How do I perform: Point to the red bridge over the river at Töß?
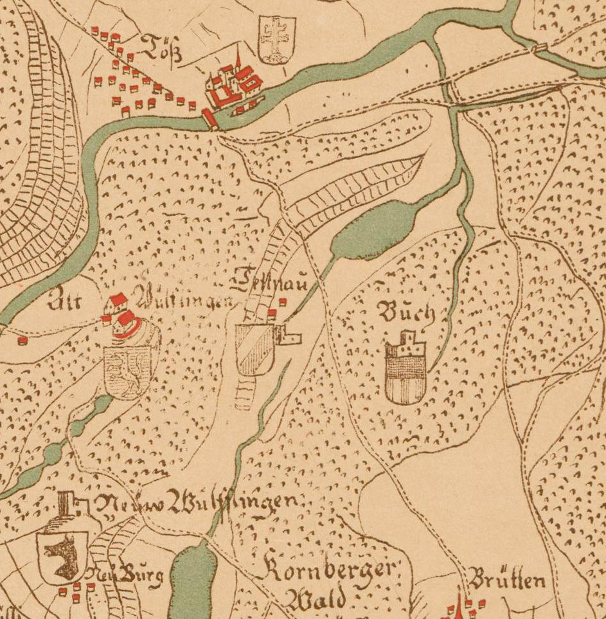tap(210, 120)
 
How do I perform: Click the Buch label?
tap(406, 313)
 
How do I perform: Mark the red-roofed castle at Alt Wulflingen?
tap(125, 318)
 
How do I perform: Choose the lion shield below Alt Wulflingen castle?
tap(131, 371)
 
